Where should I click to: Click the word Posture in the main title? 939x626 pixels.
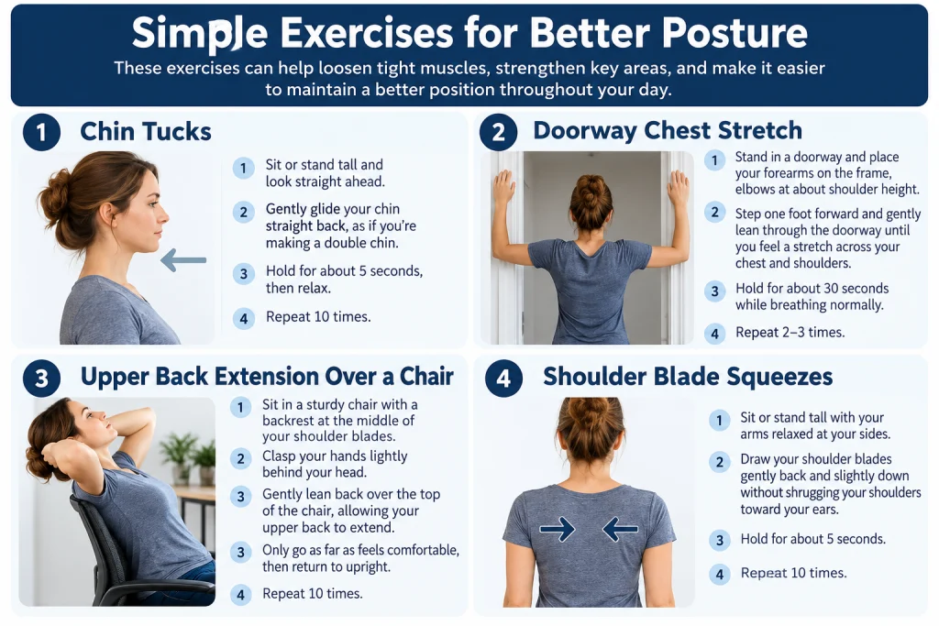pos(735,32)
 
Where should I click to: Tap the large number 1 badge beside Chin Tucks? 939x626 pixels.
pos(41,132)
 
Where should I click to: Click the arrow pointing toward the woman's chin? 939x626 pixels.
pos(183,259)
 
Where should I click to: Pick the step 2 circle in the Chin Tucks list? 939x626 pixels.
pos(243,212)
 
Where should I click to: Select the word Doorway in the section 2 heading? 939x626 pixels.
pos(584,130)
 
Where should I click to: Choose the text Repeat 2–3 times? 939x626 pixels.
pos(790,332)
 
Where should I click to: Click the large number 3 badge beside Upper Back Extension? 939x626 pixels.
pos(41,379)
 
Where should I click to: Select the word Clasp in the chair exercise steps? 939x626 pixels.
pos(281,456)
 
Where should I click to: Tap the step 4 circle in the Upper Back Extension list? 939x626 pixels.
pos(241,594)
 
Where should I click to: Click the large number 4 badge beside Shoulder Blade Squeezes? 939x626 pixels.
pos(503,379)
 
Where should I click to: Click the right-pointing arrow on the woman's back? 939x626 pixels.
pos(557,529)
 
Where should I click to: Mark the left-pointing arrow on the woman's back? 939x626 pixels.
pos(620,529)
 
